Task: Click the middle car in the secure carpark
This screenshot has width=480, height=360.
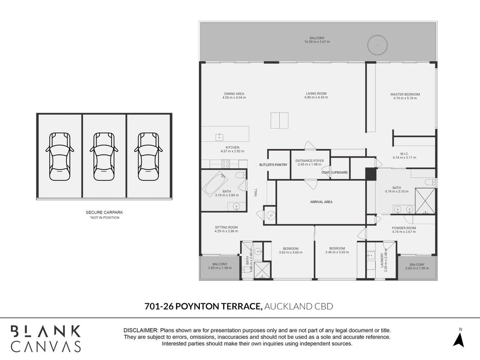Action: coord(104,157)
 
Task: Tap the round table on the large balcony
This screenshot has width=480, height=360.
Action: coord(377,45)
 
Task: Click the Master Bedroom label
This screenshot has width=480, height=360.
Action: coord(405,94)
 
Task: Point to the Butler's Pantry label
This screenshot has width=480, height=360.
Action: coord(274,165)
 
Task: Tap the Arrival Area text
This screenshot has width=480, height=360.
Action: coord(321,202)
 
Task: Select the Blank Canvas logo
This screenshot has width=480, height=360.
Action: coord(46,338)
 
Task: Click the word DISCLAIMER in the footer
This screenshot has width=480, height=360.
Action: coord(140,331)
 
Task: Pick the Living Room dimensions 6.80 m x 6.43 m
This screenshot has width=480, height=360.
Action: coord(316,97)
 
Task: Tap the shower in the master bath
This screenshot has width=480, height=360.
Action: coord(425,201)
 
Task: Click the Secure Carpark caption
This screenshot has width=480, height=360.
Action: coord(104,212)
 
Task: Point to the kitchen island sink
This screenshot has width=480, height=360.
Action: coord(219,136)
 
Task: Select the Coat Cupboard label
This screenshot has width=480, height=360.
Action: coord(335,172)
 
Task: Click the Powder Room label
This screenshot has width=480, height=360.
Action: coord(404,228)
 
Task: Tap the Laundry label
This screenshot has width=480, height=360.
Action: coord(382,260)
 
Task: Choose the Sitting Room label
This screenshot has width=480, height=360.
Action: coord(226,227)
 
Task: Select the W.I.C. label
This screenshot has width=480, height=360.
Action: coord(404,153)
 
